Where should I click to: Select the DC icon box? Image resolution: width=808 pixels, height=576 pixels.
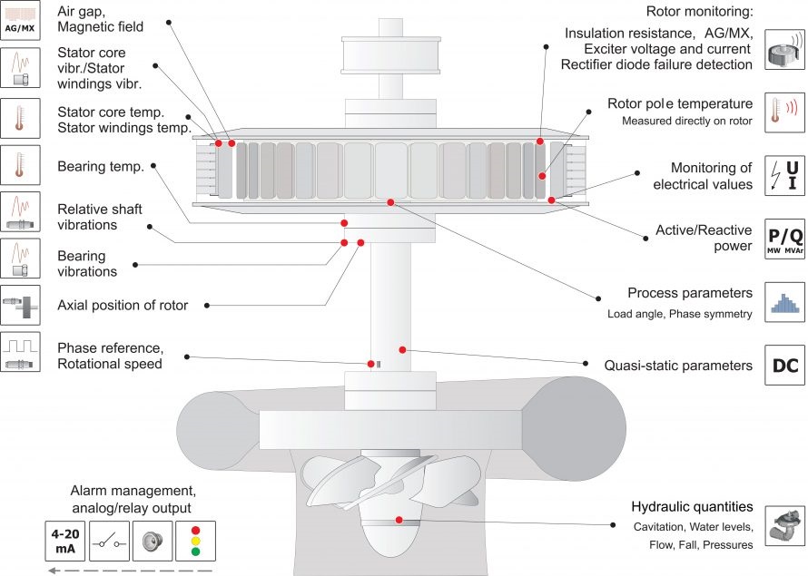pos(783,366)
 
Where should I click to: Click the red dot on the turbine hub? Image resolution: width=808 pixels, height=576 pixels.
pos(398,520)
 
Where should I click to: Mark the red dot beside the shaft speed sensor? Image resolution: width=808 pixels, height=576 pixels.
pos(371,364)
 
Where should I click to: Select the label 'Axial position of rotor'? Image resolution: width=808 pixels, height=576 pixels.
pos(123,305)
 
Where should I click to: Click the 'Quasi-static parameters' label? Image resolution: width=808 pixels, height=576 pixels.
pos(678,366)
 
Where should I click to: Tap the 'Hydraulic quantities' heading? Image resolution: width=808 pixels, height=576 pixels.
pos(692,506)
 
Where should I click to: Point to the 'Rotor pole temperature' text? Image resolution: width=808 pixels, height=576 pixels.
pos(680,103)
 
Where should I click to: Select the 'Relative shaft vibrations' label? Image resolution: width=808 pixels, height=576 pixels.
pos(87,217)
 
